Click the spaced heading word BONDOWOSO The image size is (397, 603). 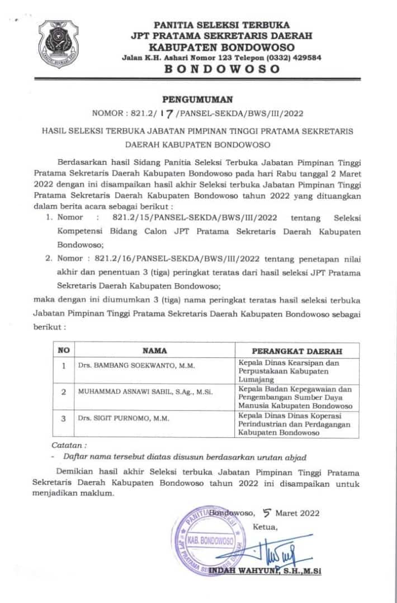tap(222, 69)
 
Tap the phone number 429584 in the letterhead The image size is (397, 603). tap(304, 58)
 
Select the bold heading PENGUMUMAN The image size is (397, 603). tap(197, 100)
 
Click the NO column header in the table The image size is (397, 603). tap(64, 351)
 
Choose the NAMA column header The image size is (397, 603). tap(154, 351)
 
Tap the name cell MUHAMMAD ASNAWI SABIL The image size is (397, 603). tap(145, 391)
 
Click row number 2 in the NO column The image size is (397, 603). tap(64, 391)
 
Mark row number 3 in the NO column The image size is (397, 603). tap(64, 418)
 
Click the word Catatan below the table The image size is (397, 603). tap(69, 446)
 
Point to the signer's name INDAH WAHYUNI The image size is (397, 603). tap(249, 571)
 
